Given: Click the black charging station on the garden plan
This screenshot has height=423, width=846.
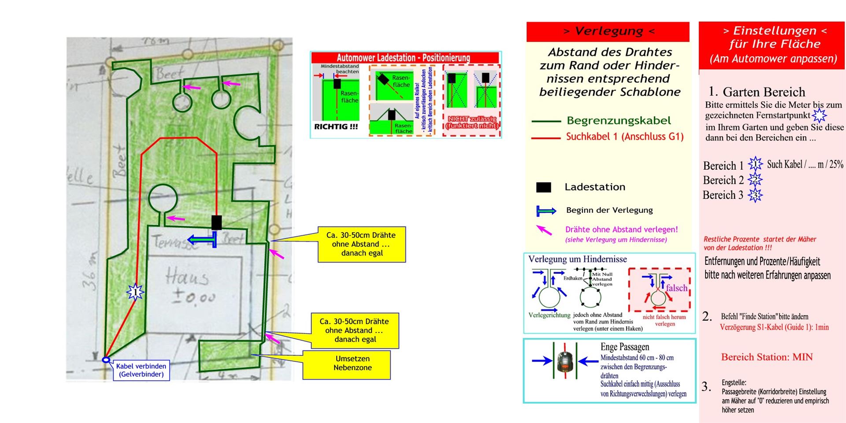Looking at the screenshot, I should click(x=216, y=223).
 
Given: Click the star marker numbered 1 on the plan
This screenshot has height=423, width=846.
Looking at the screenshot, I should click(x=135, y=292).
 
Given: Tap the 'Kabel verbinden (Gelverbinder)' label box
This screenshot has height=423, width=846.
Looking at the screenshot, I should click(x=141, y=370).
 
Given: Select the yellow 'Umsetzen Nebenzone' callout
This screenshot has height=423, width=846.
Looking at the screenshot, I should click(x=352, y=364).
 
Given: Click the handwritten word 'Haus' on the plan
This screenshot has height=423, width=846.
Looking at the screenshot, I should click(x=187, y=278).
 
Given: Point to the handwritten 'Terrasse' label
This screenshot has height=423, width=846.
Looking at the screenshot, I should click(x=175, y=243).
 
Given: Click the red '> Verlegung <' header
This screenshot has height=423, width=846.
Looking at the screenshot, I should click(x=608, y=31).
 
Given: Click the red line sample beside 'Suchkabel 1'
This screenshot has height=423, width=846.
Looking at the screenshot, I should click(x=545, y=138).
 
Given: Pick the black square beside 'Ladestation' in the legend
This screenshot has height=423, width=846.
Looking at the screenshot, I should click(x=543, y=187).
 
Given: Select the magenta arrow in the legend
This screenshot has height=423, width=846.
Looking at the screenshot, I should click(x=544, y=230).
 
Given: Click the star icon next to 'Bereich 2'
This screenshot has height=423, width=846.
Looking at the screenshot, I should click(x=755, y=180).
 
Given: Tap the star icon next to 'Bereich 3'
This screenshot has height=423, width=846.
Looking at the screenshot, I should click(x=755, y=195).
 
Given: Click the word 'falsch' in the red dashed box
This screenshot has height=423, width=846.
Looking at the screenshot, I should click(x=676, y=288).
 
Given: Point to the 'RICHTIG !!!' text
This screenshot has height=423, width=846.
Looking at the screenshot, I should click(x=336, y=127).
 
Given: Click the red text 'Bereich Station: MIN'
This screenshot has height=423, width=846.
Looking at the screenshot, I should click(x=767, y=357).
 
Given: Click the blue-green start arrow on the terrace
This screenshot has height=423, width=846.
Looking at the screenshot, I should click(x=202, y=240).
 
